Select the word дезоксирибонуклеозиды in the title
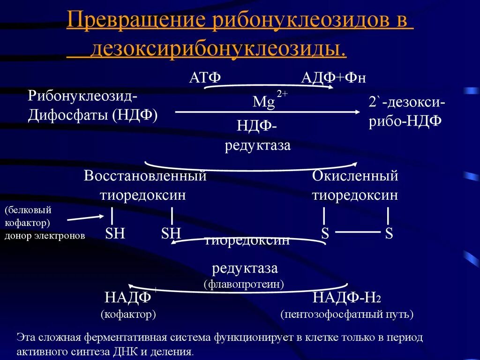coord(218,49)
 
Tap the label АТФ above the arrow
coord(205,77)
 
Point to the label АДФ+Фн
coord(332,77)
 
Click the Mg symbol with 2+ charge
coord(264,102)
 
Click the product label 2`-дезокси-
coord(406,102)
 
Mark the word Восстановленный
coord(145,176)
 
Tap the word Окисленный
coord(355,176)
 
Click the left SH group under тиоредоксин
coord(115,233)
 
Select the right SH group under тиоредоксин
coord(171,233)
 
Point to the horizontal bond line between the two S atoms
coord(358,232)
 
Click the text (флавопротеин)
coord(244,284)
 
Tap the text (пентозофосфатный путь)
coord(347,314)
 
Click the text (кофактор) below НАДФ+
coord(128,314)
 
